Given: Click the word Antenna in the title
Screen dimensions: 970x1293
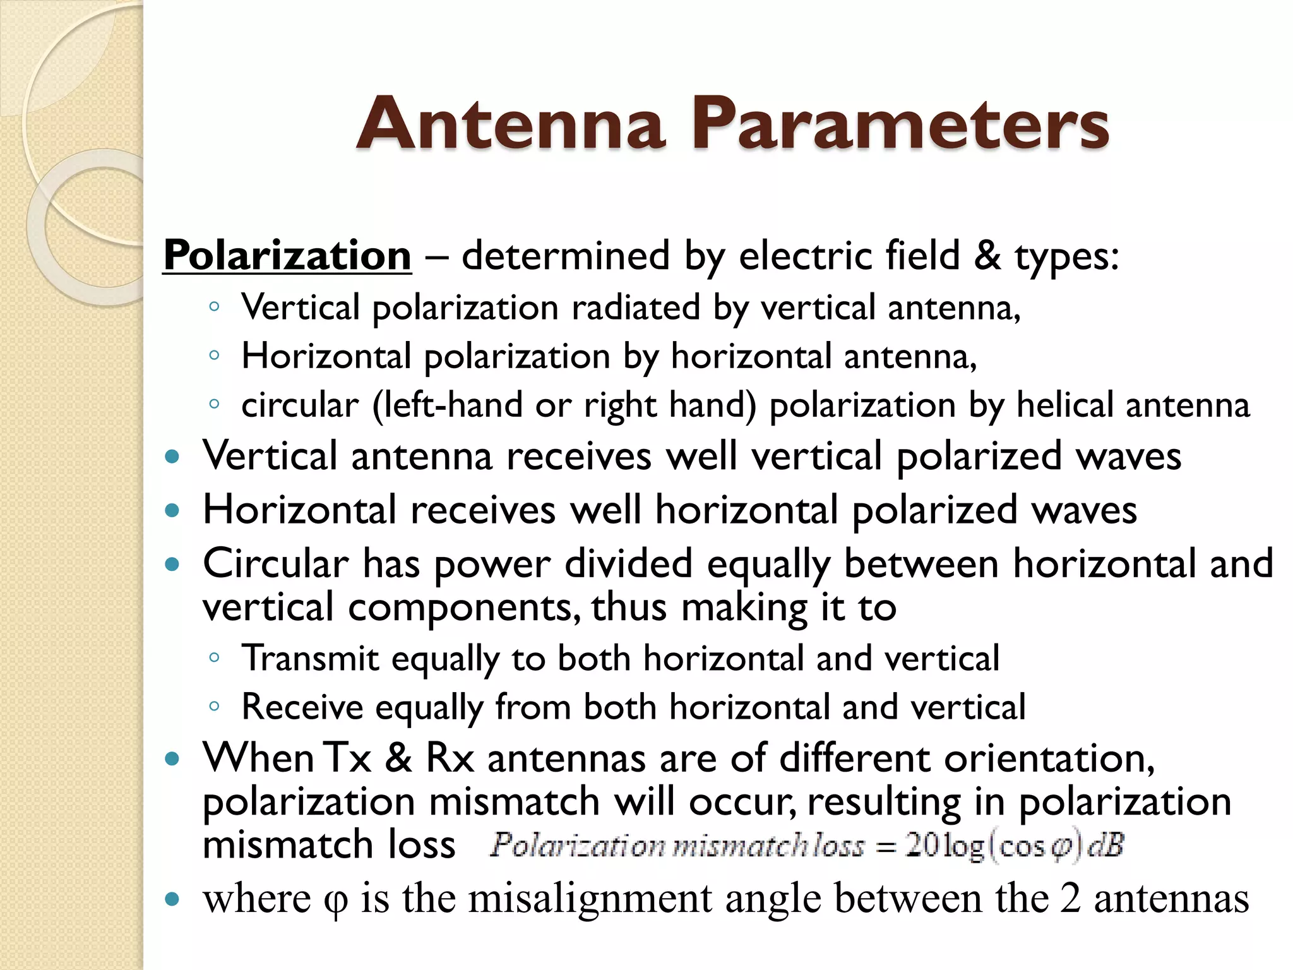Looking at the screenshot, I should point(511,124).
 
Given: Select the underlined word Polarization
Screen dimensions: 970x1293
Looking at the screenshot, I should point(287,256).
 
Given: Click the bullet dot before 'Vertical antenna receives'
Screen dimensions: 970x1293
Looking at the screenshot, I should point(172,457).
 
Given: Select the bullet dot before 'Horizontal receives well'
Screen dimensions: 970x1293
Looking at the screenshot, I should point(172,510).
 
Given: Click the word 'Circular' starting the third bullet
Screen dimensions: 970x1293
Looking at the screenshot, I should point(275,563).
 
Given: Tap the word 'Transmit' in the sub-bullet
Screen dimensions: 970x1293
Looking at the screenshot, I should point(310,659).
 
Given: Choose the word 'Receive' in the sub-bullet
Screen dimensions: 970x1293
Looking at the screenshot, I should point(302,707).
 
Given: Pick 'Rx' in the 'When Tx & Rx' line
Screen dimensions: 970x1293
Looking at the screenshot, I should point(450,758).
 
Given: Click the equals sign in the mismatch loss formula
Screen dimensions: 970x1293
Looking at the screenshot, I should point(886,847).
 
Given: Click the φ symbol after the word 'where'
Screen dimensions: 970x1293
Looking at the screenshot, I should point(335,901).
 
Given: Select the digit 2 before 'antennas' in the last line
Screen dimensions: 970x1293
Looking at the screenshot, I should point(1070,899).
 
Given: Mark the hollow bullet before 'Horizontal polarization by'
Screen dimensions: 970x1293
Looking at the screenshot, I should point(214,356).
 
